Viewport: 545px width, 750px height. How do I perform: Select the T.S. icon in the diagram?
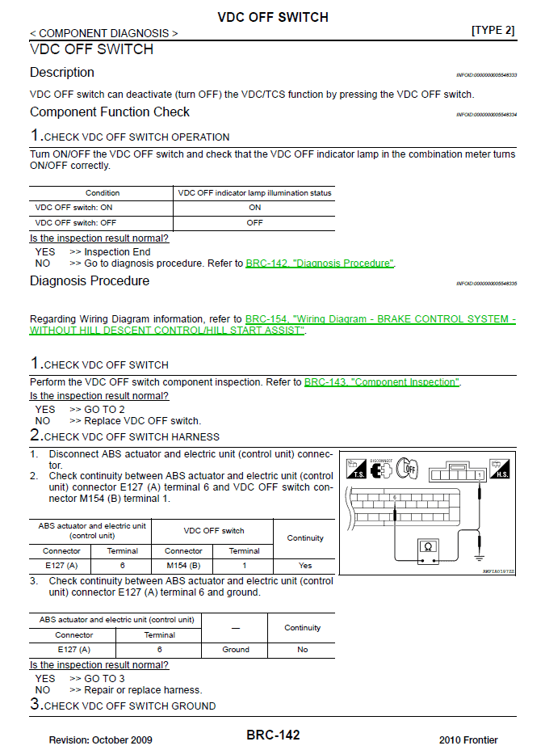[x=355, y=470]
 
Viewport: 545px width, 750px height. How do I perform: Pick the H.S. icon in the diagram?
[x=500, y=470]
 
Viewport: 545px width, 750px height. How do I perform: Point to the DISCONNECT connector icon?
[x=381, y=469]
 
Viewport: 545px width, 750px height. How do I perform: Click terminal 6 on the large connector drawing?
[x=395, y=497]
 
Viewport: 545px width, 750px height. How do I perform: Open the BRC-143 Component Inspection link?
[x=381, y=382]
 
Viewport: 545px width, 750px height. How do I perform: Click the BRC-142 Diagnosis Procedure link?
[x=320, y=263]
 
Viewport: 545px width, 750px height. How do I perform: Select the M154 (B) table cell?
[x=183, y=566]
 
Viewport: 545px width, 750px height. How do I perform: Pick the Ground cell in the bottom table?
[x=236, y=649]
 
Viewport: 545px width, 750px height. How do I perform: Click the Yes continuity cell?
[x=304, y=566]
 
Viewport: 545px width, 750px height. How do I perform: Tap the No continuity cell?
[x=302, y=649]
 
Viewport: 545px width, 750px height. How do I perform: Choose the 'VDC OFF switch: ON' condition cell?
[x=102, y=208]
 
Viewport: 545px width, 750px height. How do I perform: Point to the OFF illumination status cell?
[x=254, y=222]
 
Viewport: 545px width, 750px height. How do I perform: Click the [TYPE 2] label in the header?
[x=493, y=31]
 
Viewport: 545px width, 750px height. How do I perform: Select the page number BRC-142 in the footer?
[x=273, y=735]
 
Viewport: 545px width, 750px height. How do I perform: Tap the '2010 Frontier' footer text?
[x=468, y=739]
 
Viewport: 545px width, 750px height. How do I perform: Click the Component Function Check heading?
[x=110, y=112]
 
